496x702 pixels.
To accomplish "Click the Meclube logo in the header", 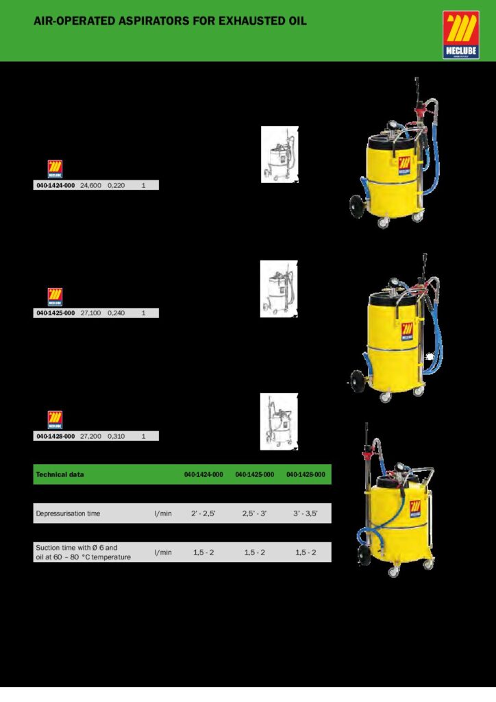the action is point(460,35).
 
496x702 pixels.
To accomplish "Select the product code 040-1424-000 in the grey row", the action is point(55,185).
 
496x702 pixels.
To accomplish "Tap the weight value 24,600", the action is point(90,185).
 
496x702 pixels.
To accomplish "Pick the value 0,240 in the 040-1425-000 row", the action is point(116,313).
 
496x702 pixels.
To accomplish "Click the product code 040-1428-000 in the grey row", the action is point(55,436).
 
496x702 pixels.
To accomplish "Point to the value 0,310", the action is point(116,436).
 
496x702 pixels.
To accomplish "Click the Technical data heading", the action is point(60,474).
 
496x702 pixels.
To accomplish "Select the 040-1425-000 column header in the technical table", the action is point(254,474).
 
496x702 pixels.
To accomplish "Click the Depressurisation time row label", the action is point(68,513).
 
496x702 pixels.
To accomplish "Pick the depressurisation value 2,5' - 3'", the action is point(254,513).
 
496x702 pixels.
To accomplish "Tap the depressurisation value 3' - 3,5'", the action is point(306,513).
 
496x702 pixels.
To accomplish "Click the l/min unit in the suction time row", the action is point(163,553).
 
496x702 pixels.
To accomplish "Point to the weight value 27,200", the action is point(90,436).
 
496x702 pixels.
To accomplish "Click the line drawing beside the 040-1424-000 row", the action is point(280,154).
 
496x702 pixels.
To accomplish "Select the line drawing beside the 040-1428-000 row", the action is point(279,422).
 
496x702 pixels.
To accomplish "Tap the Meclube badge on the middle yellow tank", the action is point(407,331).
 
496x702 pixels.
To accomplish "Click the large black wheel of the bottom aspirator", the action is point(364,555).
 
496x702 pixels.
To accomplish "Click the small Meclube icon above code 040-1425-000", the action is point(55,297).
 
